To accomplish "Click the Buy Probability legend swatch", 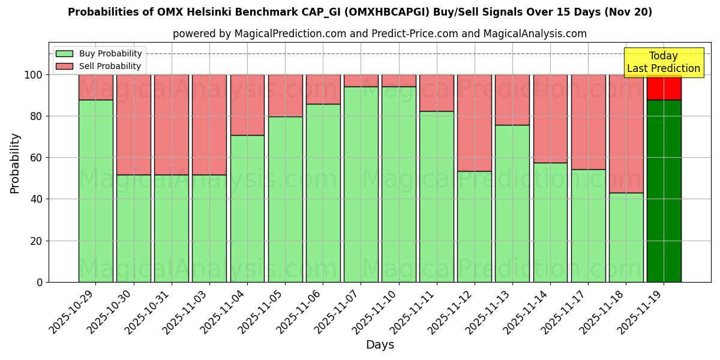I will [64, 54].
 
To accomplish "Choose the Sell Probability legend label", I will [110, 66].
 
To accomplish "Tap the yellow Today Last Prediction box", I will [663, 62].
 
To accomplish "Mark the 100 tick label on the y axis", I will [34, 75].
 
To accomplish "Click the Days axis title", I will [380, 345].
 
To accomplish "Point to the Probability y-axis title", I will [16, 163].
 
